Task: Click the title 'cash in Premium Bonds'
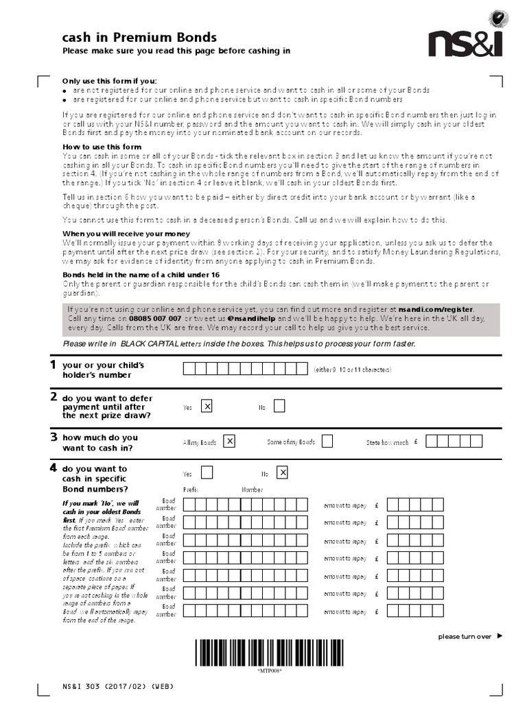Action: (x=139, y=38)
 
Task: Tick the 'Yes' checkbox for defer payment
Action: (x=207, y=407)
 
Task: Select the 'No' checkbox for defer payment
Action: (x=279, y=407)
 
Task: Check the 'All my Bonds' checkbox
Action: (x=230, y=441)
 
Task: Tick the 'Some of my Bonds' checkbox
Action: (x=327, y=441)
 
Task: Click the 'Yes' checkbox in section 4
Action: (x=207, y=473)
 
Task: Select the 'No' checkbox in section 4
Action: (x=282, y=473)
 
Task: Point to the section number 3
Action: (x=53, y=436)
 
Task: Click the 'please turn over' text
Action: (x=465, y=637)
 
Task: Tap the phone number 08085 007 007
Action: (x=154, y=319)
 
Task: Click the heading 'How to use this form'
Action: (x=102, y=147)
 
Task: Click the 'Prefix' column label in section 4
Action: (x=191, y=489)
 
